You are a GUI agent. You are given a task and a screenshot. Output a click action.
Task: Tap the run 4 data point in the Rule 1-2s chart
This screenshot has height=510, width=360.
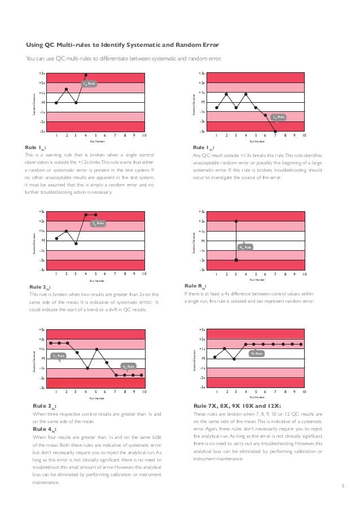[x=86, y=75]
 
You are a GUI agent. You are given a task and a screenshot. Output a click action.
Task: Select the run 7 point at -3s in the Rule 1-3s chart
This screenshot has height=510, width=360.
[x=275, y=132]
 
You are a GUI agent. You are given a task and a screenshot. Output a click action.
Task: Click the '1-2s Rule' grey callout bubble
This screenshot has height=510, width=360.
[x=90, y=84]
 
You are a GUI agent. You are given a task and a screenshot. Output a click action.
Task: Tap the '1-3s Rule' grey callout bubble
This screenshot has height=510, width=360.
[x=279, y=117]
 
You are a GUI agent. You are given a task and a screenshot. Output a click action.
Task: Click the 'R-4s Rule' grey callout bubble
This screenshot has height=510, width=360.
[x=245, y=247]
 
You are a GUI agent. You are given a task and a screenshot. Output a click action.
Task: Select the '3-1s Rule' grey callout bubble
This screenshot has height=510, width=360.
[x=59, y=355]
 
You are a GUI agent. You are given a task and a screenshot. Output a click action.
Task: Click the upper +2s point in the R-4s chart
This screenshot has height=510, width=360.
[x=236, y=221]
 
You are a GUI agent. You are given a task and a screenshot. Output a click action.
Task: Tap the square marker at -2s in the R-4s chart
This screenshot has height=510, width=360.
[x=236, y=260]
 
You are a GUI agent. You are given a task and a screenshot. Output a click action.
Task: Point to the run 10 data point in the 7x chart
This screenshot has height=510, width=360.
[x=302, y=344]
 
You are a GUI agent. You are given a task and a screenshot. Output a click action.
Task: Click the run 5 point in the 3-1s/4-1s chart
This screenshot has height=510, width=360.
[x=97, y=350]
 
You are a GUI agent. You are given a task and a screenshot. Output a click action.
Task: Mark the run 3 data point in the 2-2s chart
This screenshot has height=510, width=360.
[x=76, y=243]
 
